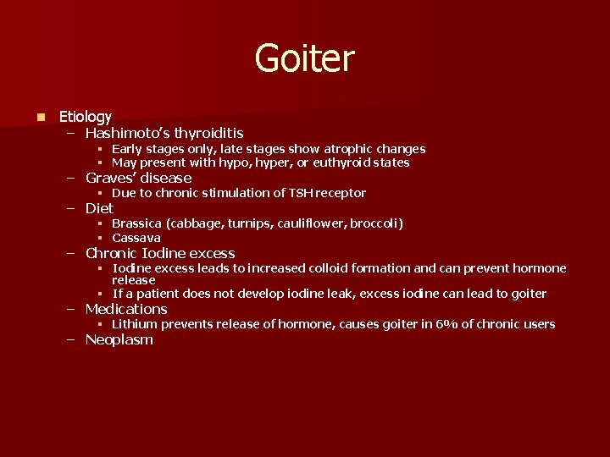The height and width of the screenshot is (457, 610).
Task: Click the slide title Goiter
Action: [x=304, y=58]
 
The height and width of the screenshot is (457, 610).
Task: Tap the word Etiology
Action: [x=85, y=116]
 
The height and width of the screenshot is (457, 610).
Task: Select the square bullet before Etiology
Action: [x=40, y=116]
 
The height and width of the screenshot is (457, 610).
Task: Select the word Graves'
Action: [x=110, y=178]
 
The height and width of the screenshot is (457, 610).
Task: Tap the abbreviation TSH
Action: [x=300, y=193]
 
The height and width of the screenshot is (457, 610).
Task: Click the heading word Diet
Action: [x=99, y=208]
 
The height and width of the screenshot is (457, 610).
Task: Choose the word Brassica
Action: [x=136, y=223]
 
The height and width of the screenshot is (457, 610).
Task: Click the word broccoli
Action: [x=374, y=223]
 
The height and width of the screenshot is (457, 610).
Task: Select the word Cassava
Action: [x=136, y=238]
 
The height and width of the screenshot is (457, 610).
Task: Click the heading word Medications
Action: [x=126, y=309]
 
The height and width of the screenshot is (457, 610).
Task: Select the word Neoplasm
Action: [x=119, y=339]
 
